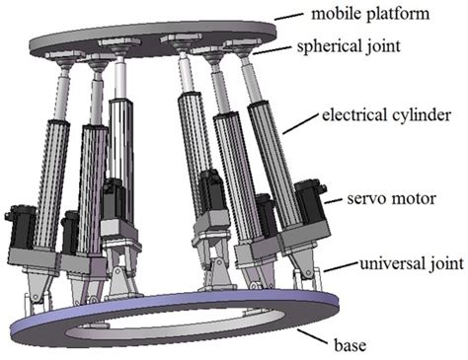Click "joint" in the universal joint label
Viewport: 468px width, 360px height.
click(431, 265)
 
